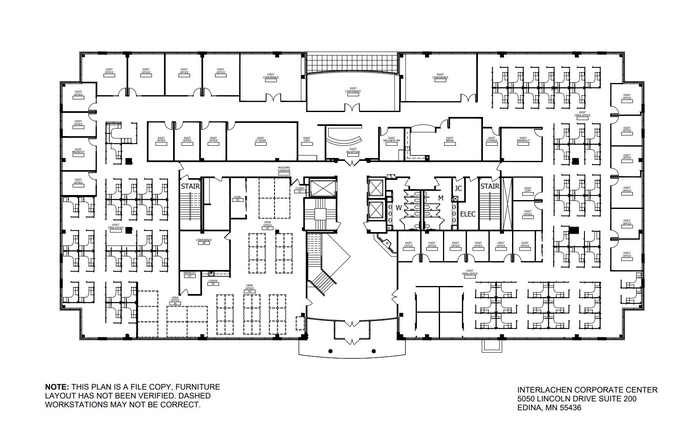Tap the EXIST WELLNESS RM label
(x=391, y=140)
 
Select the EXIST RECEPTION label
(x=353, y=150)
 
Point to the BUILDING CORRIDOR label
(x=284, y=169)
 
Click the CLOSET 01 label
(x=299, y=190)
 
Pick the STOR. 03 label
(x=237, y=198)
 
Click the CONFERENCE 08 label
(x=204, y=241)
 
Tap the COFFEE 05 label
(x=213, y=282)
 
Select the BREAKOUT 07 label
(x=190, y=274)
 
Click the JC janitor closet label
(x=458, y=188)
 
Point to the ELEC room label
(x=467, y=214)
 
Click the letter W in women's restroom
(x=398, y=208)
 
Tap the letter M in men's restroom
(x=440, y=198)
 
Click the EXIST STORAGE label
(x=492, y=140)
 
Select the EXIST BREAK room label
(x=450, y=140)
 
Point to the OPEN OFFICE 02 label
(x=267, y=225)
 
